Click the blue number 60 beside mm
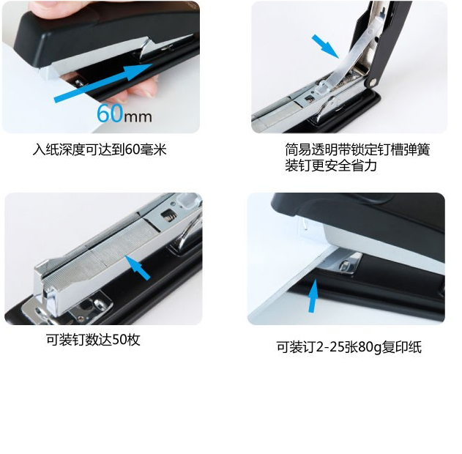(110, 113)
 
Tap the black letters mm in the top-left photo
(138, 116)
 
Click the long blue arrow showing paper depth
(103, 83)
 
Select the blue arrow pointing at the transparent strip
(325, 46)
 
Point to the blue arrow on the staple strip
(138, 268)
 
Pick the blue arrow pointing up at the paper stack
(313, 296)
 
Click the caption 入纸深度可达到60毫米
(100, 149)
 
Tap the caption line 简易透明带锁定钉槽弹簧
(357, 149)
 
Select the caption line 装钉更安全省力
(331, 165)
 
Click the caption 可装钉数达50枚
(93, 340)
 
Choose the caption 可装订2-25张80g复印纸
(349, 347)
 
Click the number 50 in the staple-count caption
(119, 340)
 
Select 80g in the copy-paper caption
(370, 347)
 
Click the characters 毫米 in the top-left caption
(153, 149)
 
